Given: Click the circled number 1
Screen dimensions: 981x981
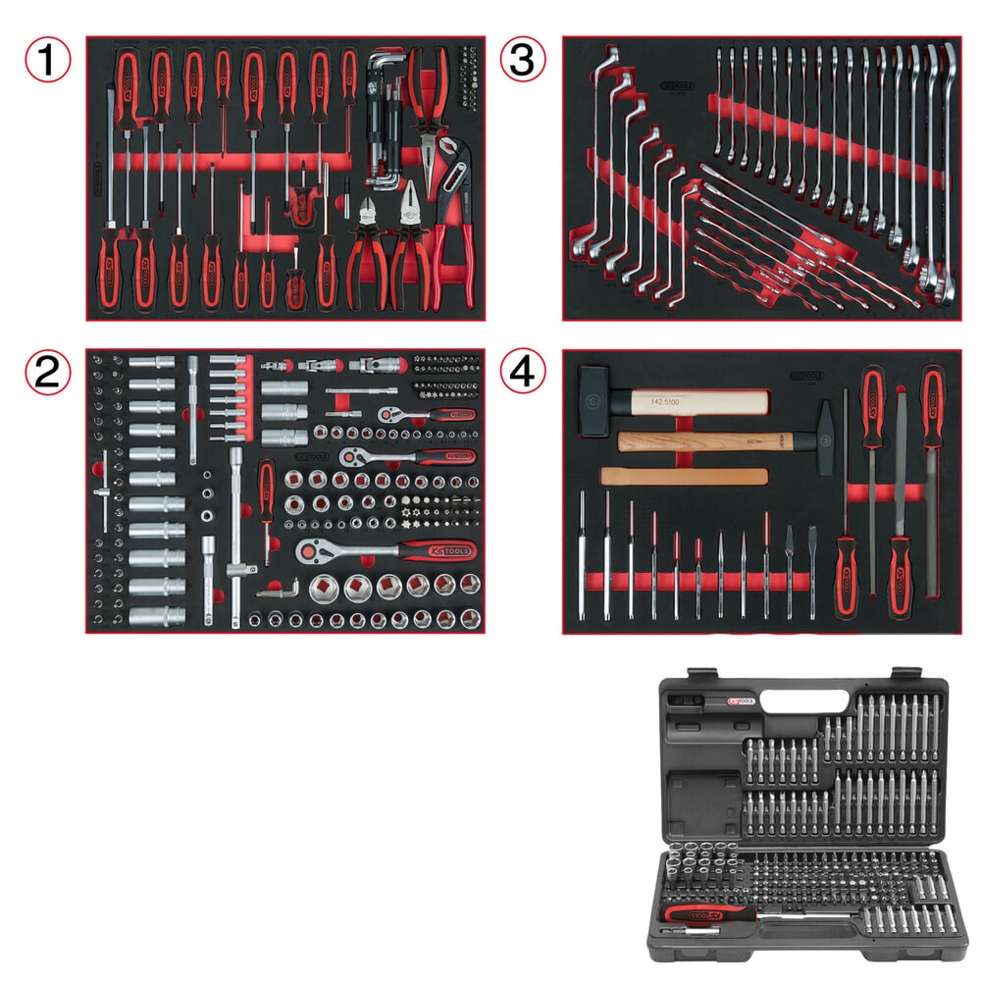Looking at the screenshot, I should pos(48,60).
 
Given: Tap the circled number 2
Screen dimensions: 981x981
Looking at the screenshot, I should pos(48,372).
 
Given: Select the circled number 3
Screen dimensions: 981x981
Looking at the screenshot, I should pos(523,60).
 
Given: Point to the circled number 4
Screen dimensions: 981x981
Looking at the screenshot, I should pos(523,372).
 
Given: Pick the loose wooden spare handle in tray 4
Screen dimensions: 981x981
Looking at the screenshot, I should pos(683,476).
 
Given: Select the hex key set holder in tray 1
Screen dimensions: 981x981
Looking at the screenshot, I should pos(385,118).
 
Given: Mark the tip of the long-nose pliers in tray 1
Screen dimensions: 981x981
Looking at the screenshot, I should pos(429,157).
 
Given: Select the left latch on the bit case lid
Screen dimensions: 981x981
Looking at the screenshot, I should pos(701,674).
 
